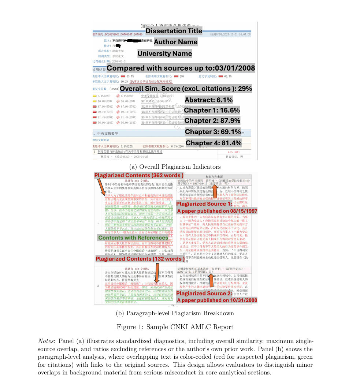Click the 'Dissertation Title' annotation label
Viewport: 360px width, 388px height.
coord(174,31)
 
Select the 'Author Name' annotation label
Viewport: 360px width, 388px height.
coord(176,42)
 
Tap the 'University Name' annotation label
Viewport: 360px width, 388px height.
coord(165,54)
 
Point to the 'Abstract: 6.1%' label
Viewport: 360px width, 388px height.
coord(209,100)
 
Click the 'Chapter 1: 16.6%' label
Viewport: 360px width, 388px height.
coord(212,111)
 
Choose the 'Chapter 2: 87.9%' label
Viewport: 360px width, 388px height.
coord(212,121)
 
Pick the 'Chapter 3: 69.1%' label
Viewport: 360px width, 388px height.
coord(213,132)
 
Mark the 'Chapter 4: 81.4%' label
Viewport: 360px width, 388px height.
coord(214,143)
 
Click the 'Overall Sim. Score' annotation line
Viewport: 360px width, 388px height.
coord(186,89)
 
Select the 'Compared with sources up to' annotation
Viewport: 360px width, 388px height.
coord(181,68)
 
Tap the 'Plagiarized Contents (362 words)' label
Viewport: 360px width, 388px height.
coord(139,176)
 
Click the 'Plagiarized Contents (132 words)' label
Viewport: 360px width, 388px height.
coord(140,259)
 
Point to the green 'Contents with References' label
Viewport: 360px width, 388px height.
coord(133,238)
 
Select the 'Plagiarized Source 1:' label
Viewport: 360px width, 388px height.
coord(204,204)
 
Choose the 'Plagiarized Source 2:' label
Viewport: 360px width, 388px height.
coord(204,294)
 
